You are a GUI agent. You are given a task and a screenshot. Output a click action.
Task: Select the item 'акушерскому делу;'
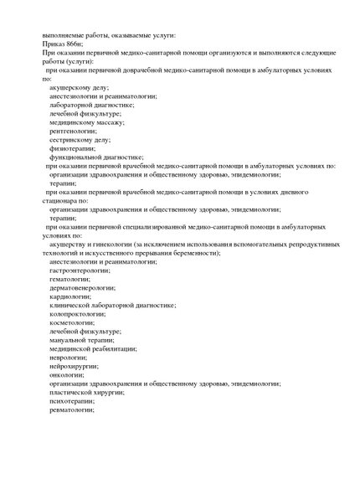[x=79, y=87]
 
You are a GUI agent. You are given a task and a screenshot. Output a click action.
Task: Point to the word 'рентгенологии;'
[x=73, y=131]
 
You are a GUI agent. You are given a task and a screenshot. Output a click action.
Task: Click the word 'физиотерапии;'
[x=72, y=148]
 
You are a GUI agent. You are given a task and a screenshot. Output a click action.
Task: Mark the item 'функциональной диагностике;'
[x=96, y=157]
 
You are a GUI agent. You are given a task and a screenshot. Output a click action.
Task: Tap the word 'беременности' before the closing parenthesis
[x=194, y=253]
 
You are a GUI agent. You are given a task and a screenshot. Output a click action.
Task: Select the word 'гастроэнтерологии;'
[x=80, y=270]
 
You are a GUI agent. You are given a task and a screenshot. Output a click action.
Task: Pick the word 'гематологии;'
[x=70, y=279]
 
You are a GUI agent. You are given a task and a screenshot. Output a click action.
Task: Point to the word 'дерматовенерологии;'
[x=82, y=287]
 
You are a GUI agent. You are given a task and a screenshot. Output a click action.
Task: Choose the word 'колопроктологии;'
[x=78, y=314]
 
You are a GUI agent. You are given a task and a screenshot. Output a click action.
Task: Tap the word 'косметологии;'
[x=72, y=322]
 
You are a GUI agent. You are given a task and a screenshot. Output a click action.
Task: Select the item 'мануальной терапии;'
[x=82, y=340]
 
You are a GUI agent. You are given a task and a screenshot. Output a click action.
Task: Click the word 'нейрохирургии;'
[x=74, y=366]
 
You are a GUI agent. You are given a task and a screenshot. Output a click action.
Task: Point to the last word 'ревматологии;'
[x=72, y=409]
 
